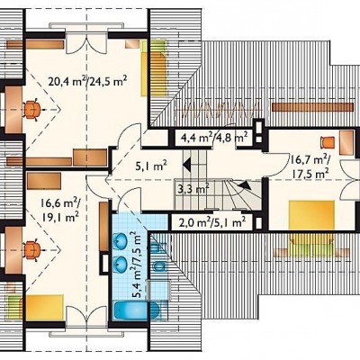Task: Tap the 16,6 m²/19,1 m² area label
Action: click(60, 210)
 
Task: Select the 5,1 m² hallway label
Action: click(151, 166)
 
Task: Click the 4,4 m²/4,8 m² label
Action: click(214, 138)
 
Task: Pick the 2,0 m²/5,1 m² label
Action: click(212, 222)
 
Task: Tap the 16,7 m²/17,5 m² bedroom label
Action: click(309, 166)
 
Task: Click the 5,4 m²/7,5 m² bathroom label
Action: click(137, 265)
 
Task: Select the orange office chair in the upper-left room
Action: click(31, 110)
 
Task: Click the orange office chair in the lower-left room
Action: click(31, 249)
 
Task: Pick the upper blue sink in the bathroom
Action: click(121, 240)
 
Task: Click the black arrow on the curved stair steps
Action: click(245, 184)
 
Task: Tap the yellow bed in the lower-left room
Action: click(44, 308)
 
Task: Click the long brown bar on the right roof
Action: click(312, 107)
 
